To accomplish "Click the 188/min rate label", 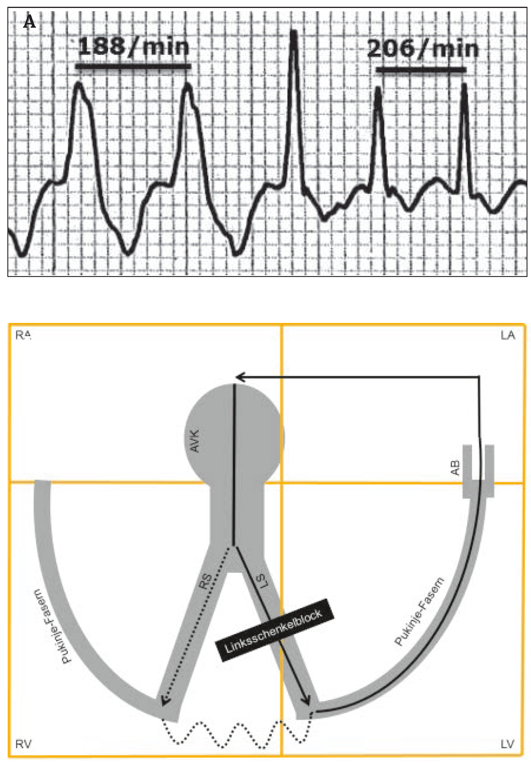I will (133, 47).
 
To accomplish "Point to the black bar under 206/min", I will (421, 70).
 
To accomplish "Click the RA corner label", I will (23, 335).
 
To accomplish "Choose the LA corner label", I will (508, 336).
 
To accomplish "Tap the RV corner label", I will (23, 744).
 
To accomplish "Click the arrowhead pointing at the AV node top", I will (239, 377).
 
